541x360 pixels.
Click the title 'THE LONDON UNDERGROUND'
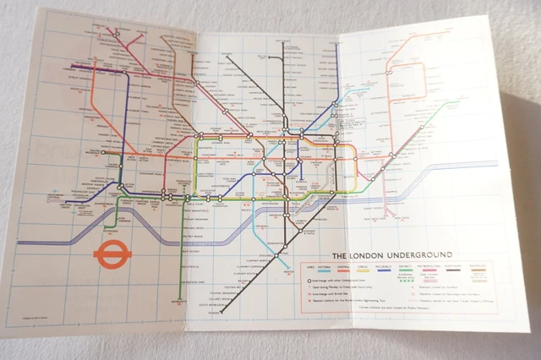click(391, 254)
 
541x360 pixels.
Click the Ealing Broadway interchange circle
click(104, 153)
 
